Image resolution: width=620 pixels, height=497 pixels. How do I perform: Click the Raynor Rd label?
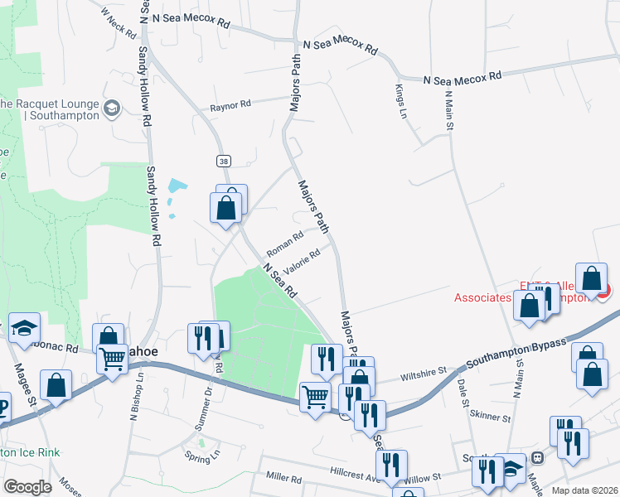(x=230, y=106)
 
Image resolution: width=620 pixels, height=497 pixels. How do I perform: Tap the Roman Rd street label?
(x=285, y=244)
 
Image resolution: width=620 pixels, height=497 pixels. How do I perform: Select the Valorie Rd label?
(x=302, y=263)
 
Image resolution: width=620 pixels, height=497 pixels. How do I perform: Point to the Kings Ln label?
(x=401, y=101)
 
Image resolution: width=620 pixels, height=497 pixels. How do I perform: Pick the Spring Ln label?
(x=203, y=455)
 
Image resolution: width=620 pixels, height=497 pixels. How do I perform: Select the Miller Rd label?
(x=283, y=478)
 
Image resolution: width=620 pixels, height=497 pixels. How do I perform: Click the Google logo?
(x=28, y=486)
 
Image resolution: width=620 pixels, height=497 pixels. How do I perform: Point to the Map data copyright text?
(x=585, y=490)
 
